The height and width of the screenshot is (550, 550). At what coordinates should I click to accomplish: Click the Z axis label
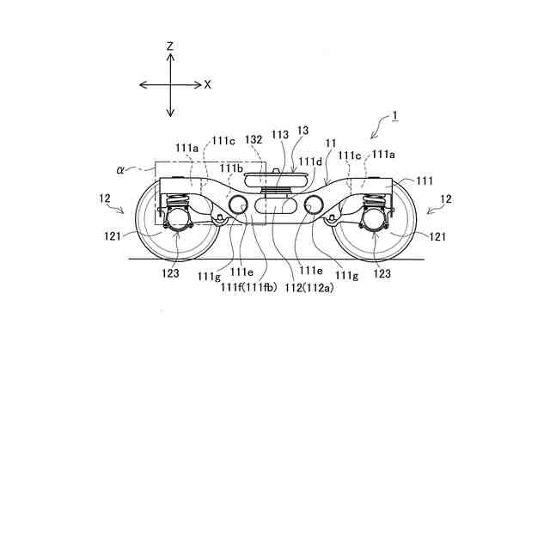171,46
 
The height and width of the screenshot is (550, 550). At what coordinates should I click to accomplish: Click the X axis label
207,84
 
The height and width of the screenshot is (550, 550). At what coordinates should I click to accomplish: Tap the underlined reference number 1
394,116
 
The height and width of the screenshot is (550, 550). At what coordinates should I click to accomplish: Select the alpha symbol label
121,171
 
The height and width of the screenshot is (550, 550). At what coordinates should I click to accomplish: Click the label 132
253,138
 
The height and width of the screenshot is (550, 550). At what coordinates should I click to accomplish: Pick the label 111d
310,161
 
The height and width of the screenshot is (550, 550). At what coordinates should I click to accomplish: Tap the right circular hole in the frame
314,205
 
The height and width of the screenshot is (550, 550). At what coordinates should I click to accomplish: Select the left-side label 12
105,199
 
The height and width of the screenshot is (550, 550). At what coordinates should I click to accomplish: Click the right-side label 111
425,181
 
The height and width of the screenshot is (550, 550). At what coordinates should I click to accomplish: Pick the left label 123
169,273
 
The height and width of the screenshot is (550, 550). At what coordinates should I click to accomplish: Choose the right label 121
437,236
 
